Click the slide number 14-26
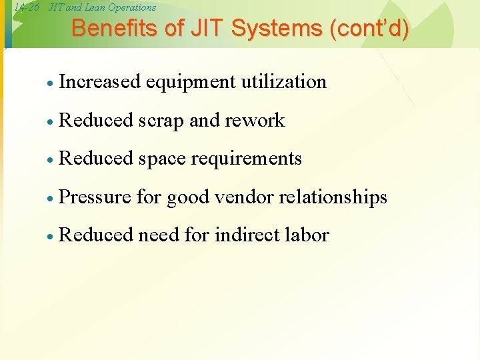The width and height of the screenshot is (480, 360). [26, 8]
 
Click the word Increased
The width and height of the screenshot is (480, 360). [100, 82]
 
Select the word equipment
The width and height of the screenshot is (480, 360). [190, 82]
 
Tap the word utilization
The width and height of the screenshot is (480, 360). [284, 82]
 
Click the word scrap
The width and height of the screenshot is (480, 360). [161, 121]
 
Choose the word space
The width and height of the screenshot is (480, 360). [162, 159]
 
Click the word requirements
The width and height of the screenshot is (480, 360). [246, 159]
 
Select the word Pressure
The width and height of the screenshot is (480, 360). [95, 197]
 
